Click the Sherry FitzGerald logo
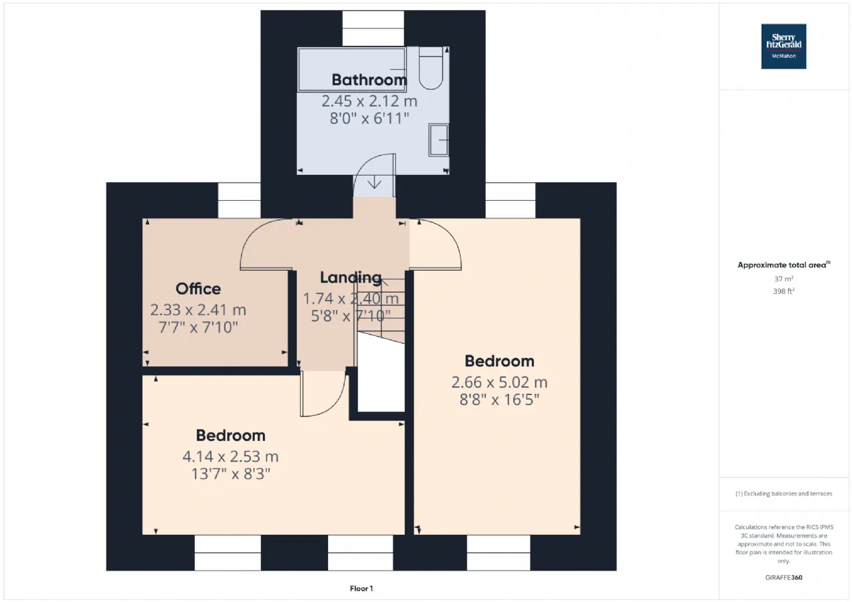[783, 47]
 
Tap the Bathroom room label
[369, 80]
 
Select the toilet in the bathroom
[431, 68]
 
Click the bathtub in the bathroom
[352, 70]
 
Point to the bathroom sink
[439, 140]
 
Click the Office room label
[198, 289]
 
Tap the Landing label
[350, 277]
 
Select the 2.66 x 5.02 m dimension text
[499, 382]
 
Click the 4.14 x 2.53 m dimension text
[230, 456]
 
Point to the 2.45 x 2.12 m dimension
[369, 100]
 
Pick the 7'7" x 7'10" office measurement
[198, 327]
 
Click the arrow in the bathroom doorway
[375, 182]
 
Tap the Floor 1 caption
[361, 588]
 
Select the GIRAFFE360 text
[783, 577]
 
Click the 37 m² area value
[783, 279]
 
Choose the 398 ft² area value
[783, 291]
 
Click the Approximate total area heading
[783, 265]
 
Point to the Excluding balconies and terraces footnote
[783, 494]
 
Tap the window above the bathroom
[373, 29]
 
